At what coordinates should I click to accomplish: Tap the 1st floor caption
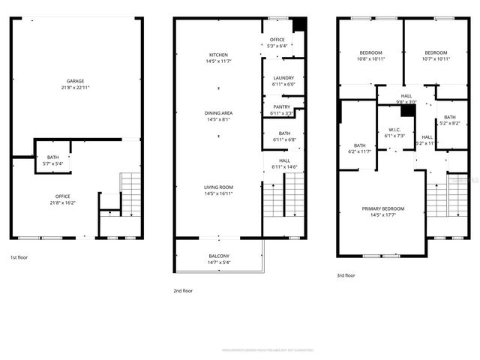(x=19, y=256)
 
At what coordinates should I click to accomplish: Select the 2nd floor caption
(x=183, y=290)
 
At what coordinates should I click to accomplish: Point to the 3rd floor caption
(x=346, y=275)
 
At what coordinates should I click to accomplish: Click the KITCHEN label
(x=218, y=55)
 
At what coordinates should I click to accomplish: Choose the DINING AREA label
(x=218, y=112)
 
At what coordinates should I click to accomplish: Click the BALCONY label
(x=219, y=256)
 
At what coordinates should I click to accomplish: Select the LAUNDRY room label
(x=283, y=78)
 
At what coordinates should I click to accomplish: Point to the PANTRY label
(x=282, y=106)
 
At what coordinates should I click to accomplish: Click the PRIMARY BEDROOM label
(x=382, y=208)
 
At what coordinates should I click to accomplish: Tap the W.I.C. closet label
(x=394, y=130)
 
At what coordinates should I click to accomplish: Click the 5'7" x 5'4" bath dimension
(x=52, y=163)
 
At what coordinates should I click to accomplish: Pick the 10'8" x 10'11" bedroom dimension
(x=371, y=58)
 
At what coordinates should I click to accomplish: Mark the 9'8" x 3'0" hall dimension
(x=406, y=103)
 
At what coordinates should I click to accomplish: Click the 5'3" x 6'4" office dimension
(x=277, y=46)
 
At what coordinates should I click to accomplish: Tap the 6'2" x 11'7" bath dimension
(x=360, y=151)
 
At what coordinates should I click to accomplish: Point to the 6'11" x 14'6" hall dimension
(x=285, y=166)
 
